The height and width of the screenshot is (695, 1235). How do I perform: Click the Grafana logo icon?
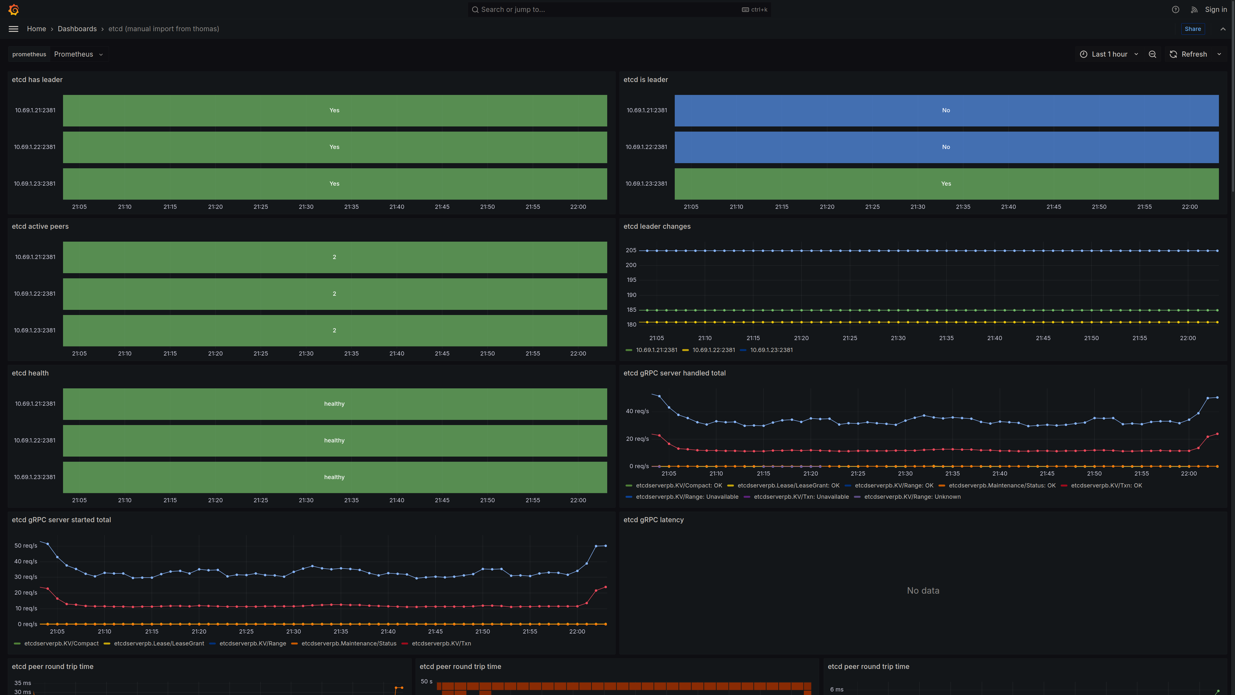click(x=14, y=10)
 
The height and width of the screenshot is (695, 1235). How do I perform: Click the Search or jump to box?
click(x=619, y=10)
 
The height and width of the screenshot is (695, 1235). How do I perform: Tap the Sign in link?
click(x=1216, y=10)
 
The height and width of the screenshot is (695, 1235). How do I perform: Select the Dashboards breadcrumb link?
click(x=77, y=29)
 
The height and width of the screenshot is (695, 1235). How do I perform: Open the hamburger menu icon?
click(x=14, y=29)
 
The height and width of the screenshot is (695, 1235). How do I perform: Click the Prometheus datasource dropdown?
click(x=78, y=54)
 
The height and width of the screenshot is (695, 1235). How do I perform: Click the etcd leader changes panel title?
click(x=657, y=227)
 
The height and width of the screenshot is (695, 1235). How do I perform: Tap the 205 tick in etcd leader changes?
click(x=631, y=250)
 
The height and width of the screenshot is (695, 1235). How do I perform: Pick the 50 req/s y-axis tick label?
click(x=25, y=546)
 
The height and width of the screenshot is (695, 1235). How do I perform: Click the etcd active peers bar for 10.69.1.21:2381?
click(x=334, y=257)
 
